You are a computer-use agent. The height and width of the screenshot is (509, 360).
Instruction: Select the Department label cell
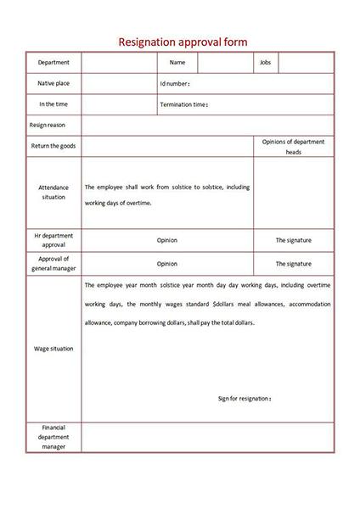click(x=53, y=63)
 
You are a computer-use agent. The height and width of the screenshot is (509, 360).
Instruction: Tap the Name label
click(x=177, y=63)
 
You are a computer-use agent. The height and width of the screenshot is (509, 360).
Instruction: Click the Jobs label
click(x=265, y=63)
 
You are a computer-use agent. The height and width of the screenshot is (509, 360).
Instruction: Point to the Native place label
click(x=53, y=83)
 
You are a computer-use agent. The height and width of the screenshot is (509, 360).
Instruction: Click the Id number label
click(x=174, y=84)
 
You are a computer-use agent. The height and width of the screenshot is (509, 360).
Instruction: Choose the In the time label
click(x=53, y=104)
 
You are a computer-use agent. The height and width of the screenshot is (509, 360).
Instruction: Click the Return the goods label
click(x=53, y=146)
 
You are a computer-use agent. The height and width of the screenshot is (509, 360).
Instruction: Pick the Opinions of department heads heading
click(x=293, y=147)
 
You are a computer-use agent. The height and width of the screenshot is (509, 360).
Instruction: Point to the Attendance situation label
click(x=53, y=192)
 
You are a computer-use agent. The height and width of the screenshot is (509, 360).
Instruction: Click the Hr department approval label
click(x=53, y=240)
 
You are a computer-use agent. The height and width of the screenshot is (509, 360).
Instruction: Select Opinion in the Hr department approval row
click(x=167, y=240)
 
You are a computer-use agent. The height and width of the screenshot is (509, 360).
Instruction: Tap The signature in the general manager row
click(x=293, y=264)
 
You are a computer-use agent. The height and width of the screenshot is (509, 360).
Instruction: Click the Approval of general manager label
click(x=53, y=264)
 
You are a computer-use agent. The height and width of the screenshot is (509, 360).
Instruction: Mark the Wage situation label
click(x=53, y=349)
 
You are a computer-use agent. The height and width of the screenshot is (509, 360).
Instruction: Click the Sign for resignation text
click(x=245, y=398)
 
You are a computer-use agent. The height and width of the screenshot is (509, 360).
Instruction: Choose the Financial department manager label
click(x=53, y=437)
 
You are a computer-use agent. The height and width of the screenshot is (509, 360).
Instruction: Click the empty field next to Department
click(x=119, y=63)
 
